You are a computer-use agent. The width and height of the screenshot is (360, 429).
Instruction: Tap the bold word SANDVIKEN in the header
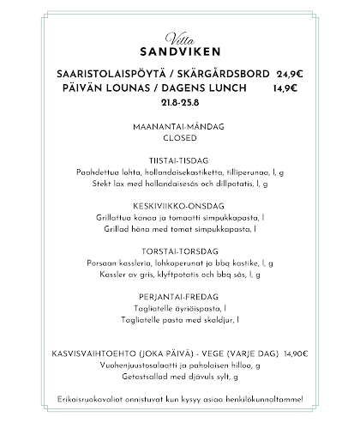(179, 51)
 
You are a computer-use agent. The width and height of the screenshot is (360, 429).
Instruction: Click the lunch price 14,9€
(285, 88)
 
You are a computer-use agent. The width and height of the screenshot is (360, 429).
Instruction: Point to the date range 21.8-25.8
(179, 102)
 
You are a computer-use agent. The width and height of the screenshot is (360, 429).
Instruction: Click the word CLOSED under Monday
(179, 137)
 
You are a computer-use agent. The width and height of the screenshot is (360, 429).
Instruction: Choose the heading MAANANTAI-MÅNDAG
(179, 126)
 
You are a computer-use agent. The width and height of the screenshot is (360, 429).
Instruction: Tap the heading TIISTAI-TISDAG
(179, 161)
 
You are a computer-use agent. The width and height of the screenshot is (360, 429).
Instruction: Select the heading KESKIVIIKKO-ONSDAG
(179, 207)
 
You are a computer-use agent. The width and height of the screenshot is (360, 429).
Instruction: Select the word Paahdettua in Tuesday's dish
(96, 172)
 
